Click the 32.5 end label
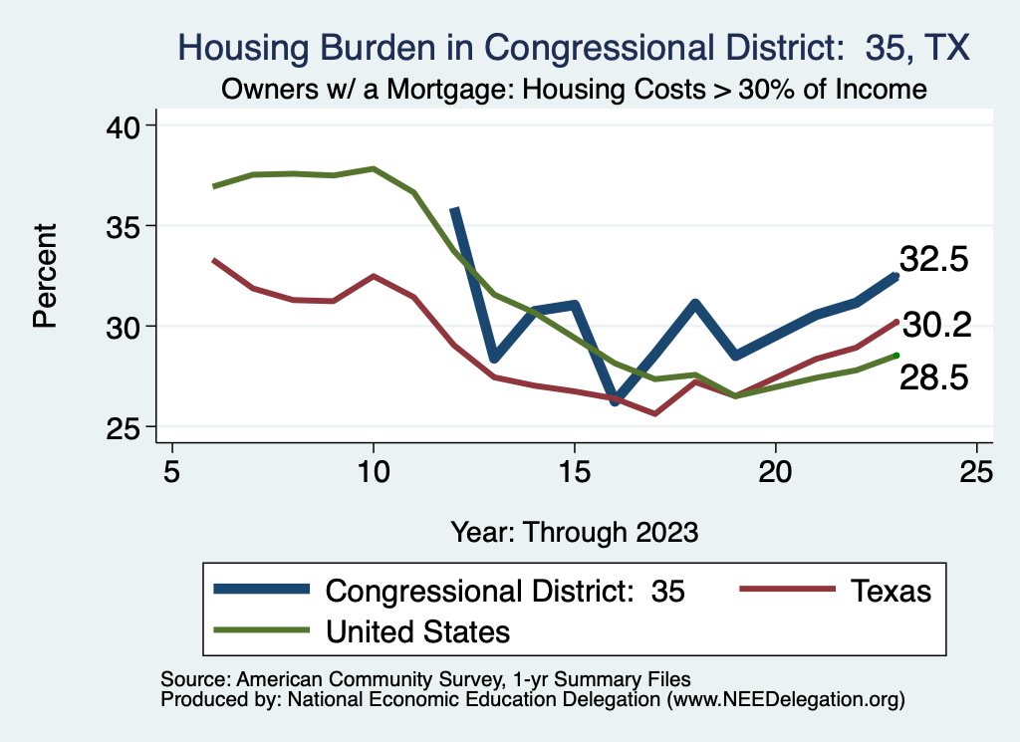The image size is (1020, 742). (x=933, y=260)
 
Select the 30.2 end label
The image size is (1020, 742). (x=933, y=324)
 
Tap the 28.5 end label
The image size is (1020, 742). (x=933, y=378)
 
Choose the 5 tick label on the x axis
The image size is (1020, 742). (x=172, y=471)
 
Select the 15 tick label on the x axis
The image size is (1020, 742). (x=574, y=471)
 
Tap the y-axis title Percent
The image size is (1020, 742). (x=44, y=276)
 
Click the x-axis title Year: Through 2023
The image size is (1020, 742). (x=574, y=531)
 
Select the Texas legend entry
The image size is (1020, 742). (x=891, y=591)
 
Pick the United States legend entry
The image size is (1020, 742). (x=418, y=630)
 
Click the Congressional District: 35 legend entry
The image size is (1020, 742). (x=506, y=591)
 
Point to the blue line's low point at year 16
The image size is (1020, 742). (x=615, y=402)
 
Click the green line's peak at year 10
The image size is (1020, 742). (x=374, y=168)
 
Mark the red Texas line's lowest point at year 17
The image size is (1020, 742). (x=654, y=413)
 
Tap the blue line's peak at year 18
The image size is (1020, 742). (x=694, y=303)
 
